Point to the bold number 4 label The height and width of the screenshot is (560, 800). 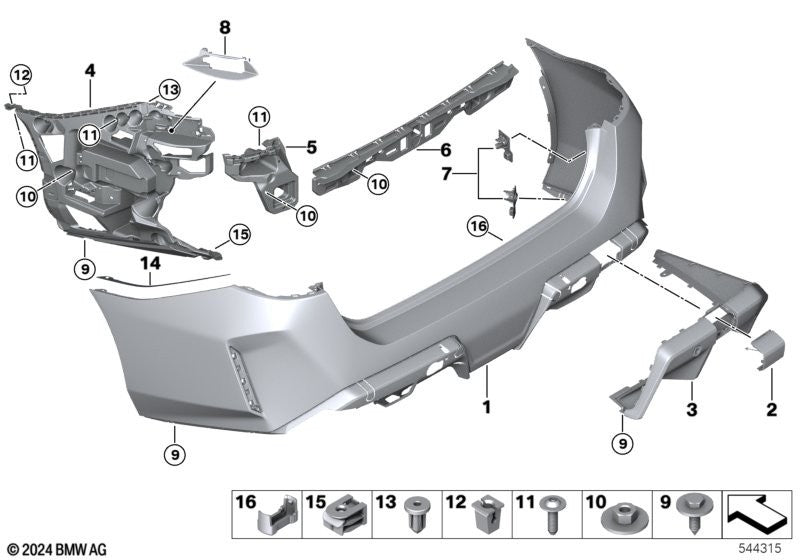pyautogui.click(x=90, y=71)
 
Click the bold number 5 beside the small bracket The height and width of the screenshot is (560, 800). pyautogui.click(x=312, y=147)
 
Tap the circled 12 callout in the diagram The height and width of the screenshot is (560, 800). pyautogui.click(x=21, y=73)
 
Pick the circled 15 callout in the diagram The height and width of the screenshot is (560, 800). pyautogui.click(x=238, y=236)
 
